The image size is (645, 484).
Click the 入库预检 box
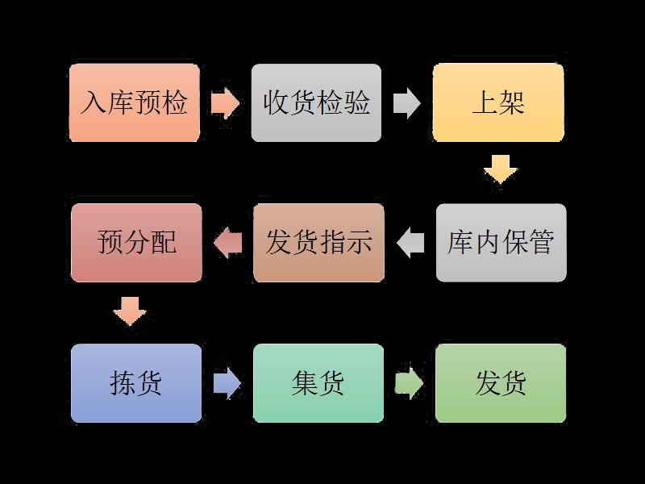point(135,103)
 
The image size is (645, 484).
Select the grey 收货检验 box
point(316,103)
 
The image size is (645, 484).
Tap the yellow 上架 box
point(498,103)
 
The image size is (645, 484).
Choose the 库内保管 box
point(501,242)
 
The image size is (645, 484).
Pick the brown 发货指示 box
point(318,242)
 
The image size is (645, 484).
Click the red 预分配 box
point(136,242)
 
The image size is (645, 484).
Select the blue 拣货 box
point(136,383)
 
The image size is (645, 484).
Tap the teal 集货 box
point(318,383)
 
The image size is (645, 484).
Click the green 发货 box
point(501,383)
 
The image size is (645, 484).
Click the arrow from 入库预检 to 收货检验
point(225,103)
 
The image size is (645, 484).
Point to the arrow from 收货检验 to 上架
point(407,103)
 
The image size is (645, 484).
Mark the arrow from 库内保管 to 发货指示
point(410,242)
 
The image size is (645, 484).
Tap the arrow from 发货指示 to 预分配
point(227,242)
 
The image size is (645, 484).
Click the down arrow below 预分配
point(130,311)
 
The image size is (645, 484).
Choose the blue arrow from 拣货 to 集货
point(227,383)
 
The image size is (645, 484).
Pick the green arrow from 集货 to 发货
point(409,383)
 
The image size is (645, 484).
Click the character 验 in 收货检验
point(357,103)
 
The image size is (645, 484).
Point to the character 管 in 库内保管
point(541,242)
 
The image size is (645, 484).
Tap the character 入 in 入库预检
point(94,103)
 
